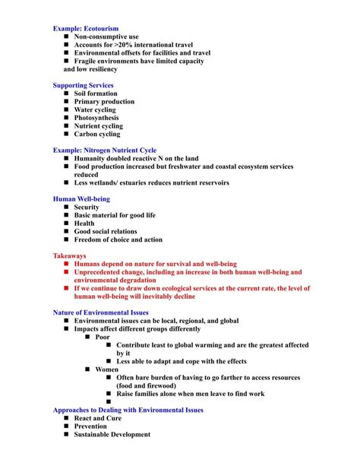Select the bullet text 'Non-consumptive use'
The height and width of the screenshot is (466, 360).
point(106,36)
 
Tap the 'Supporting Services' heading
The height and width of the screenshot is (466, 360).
point(84,85)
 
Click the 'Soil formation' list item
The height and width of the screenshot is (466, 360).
point(96,94)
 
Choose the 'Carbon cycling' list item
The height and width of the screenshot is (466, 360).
point(97,134)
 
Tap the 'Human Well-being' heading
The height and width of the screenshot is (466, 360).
point(81,199)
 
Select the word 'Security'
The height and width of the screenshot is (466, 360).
point(87,208)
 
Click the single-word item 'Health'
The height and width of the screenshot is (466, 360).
point(84,223)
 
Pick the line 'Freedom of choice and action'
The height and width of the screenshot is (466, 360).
point(118,240)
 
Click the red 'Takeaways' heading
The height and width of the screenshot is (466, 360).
point(69,256)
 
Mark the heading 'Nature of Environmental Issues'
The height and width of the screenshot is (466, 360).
point(101,312)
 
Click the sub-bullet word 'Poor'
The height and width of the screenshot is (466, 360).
point(103,337)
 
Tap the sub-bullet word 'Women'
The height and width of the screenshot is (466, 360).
point(106,369)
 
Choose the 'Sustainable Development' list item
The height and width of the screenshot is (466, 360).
point(112,435)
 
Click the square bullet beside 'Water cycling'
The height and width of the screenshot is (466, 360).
point(67,109)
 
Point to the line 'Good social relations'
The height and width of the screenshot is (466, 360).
point(106,232)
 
